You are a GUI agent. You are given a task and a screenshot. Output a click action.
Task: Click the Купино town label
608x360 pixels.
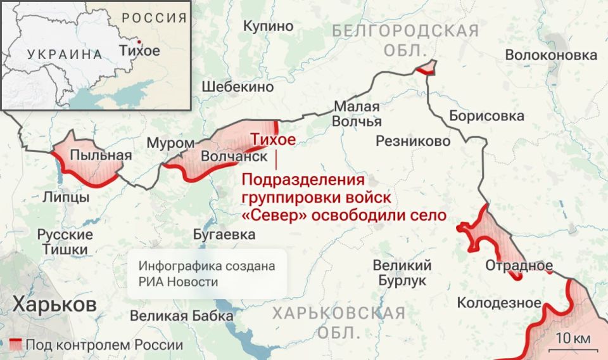[x=269, y=26]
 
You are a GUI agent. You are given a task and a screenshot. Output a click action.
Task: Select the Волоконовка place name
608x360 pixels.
[x=551, y=55]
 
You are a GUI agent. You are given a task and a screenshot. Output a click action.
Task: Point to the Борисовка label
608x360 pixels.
[x=486, y=115]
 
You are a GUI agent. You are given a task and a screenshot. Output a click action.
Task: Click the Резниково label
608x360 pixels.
[x=413, y=141]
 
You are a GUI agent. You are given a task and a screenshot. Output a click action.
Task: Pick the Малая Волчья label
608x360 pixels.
[x=357, y=113]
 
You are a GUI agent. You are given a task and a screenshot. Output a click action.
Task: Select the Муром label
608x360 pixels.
[x=170, y=143]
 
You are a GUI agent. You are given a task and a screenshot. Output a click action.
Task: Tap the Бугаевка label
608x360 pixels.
[x=224, y=235]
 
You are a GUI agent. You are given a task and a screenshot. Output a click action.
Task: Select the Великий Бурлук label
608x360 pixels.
[x=402, y=273]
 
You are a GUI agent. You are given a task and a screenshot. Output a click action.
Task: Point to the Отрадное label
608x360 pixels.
[x=519, y=265]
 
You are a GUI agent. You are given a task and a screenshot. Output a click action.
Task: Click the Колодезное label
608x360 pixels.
[x=499, y=302]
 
